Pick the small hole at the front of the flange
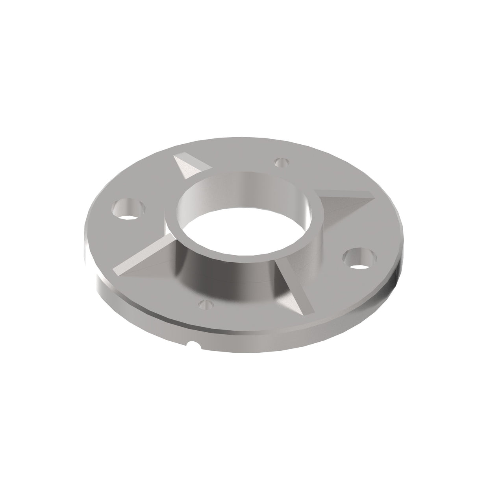click(x=206, y=304)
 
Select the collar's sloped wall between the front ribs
click(x=220, y=275)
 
